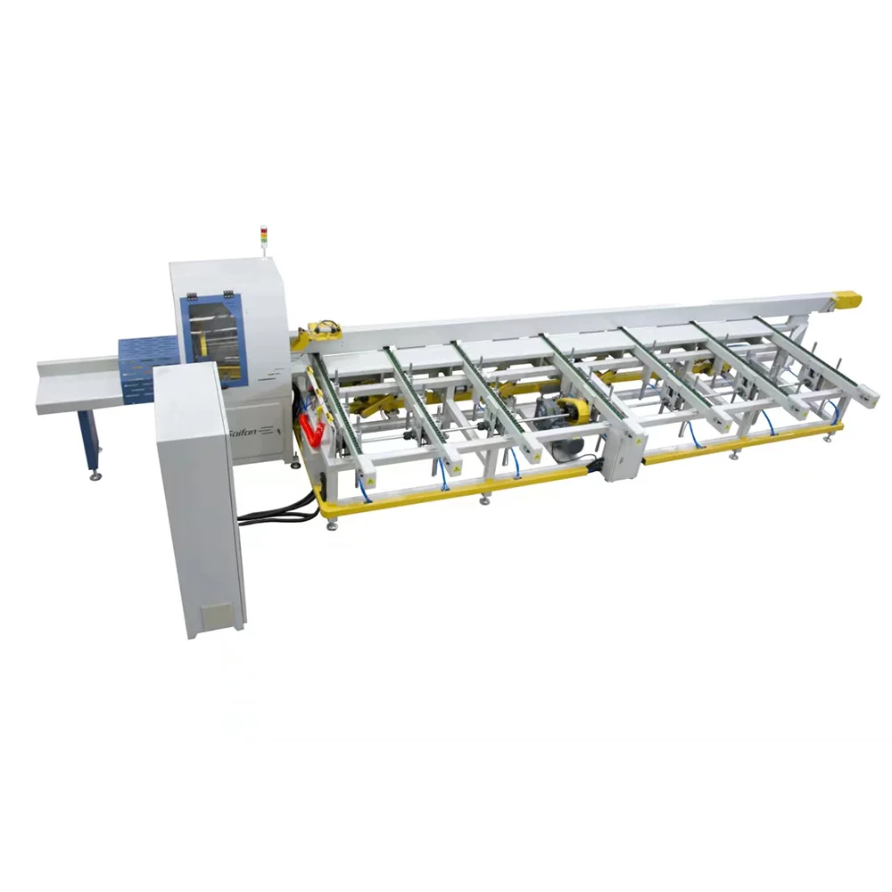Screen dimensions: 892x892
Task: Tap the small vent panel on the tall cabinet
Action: [x=215, y=615]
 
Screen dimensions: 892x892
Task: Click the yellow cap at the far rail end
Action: [x=848, y=301]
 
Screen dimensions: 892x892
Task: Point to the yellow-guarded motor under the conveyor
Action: [x=570, y=414]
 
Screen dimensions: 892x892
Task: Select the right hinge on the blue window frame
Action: [x=230, y=293]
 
